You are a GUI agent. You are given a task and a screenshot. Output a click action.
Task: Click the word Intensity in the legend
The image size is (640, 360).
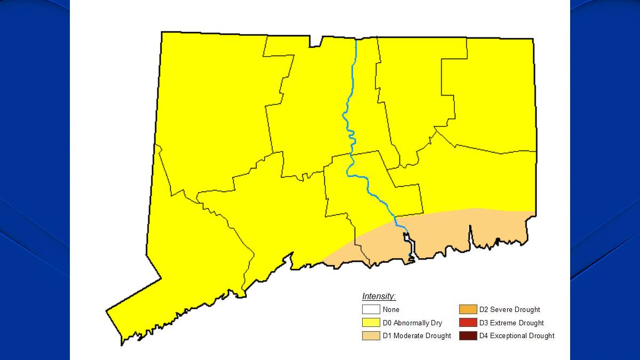click(x=379, y=297)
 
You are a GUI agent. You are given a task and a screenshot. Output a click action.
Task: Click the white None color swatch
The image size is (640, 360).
click(x=371, y=309)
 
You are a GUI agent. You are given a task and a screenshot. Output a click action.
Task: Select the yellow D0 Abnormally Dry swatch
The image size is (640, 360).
click(x=371, y=323)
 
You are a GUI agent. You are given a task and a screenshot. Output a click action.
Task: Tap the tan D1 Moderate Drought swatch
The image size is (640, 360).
click(x=371, y=335)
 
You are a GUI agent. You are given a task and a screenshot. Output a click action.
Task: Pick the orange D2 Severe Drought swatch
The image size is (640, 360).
click(x=467, y=309)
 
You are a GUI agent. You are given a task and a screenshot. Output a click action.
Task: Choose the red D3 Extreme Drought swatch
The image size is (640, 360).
click(x=467, y=323)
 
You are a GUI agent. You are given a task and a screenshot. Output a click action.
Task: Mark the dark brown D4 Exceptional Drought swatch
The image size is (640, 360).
click(x=467, y=335)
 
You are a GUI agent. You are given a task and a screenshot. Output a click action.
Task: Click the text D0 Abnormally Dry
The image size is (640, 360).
click(x=412, y=323)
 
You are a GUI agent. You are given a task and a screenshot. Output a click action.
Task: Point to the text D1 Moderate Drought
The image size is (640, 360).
click(x=417, y=335)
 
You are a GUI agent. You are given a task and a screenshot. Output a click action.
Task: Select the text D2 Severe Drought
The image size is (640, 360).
click(x=509, y=309)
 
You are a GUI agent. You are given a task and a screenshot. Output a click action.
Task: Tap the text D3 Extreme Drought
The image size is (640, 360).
click(x=511, y=323)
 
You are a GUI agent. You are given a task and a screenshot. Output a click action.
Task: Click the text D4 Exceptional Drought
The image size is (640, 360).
click(x=516, y=335)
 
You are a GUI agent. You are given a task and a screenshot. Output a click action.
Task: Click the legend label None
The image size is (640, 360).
click(x=391, y=309)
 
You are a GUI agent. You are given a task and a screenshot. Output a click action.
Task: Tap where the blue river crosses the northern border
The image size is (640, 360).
click(x=356, y=39)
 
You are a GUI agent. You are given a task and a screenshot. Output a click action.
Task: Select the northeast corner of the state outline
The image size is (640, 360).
click(x=533, y=39)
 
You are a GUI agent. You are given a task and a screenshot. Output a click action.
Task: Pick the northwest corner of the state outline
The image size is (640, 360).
click(x=162, y=32)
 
